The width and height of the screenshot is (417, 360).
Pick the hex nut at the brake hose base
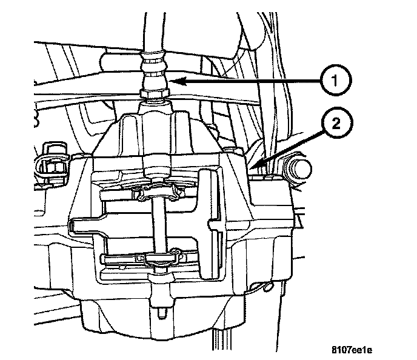click(x=152, y=94)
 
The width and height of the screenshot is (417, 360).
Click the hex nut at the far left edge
click(x=51, y=164)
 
